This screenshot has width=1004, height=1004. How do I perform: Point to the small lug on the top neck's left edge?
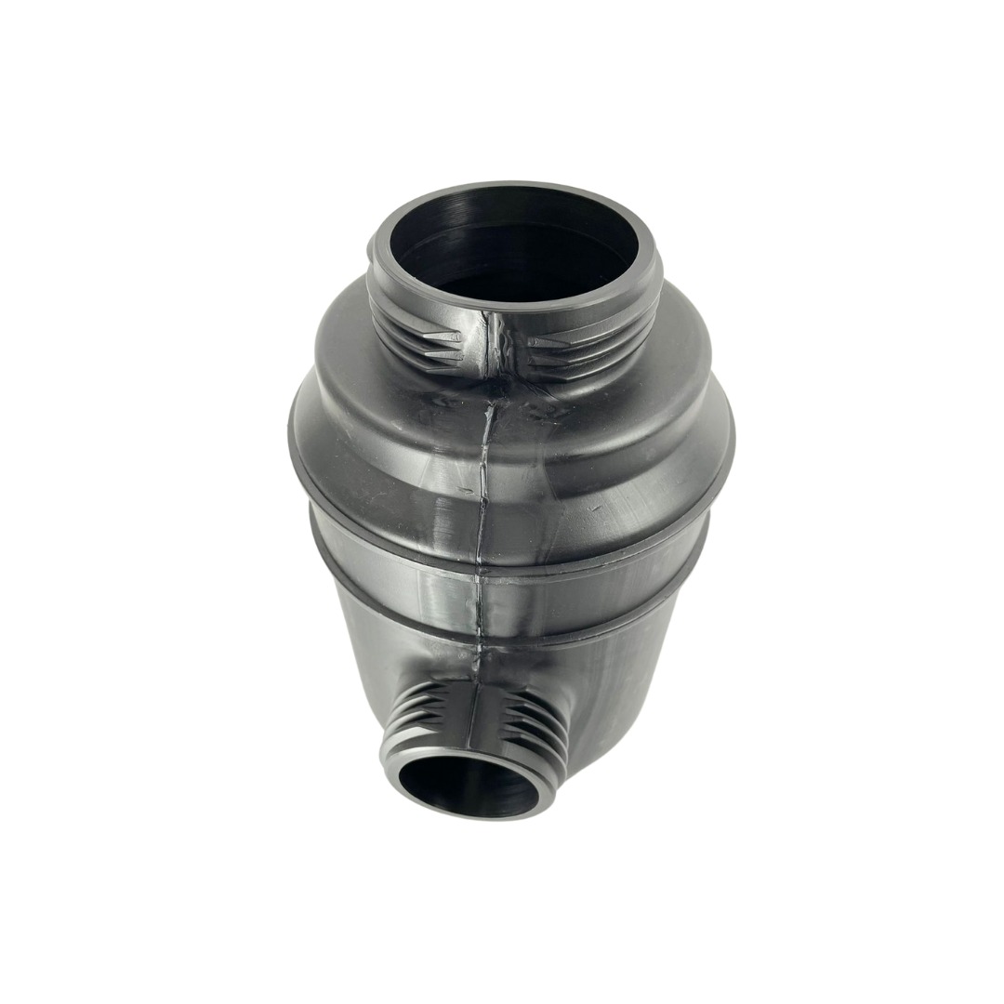(x=371, y=248)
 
